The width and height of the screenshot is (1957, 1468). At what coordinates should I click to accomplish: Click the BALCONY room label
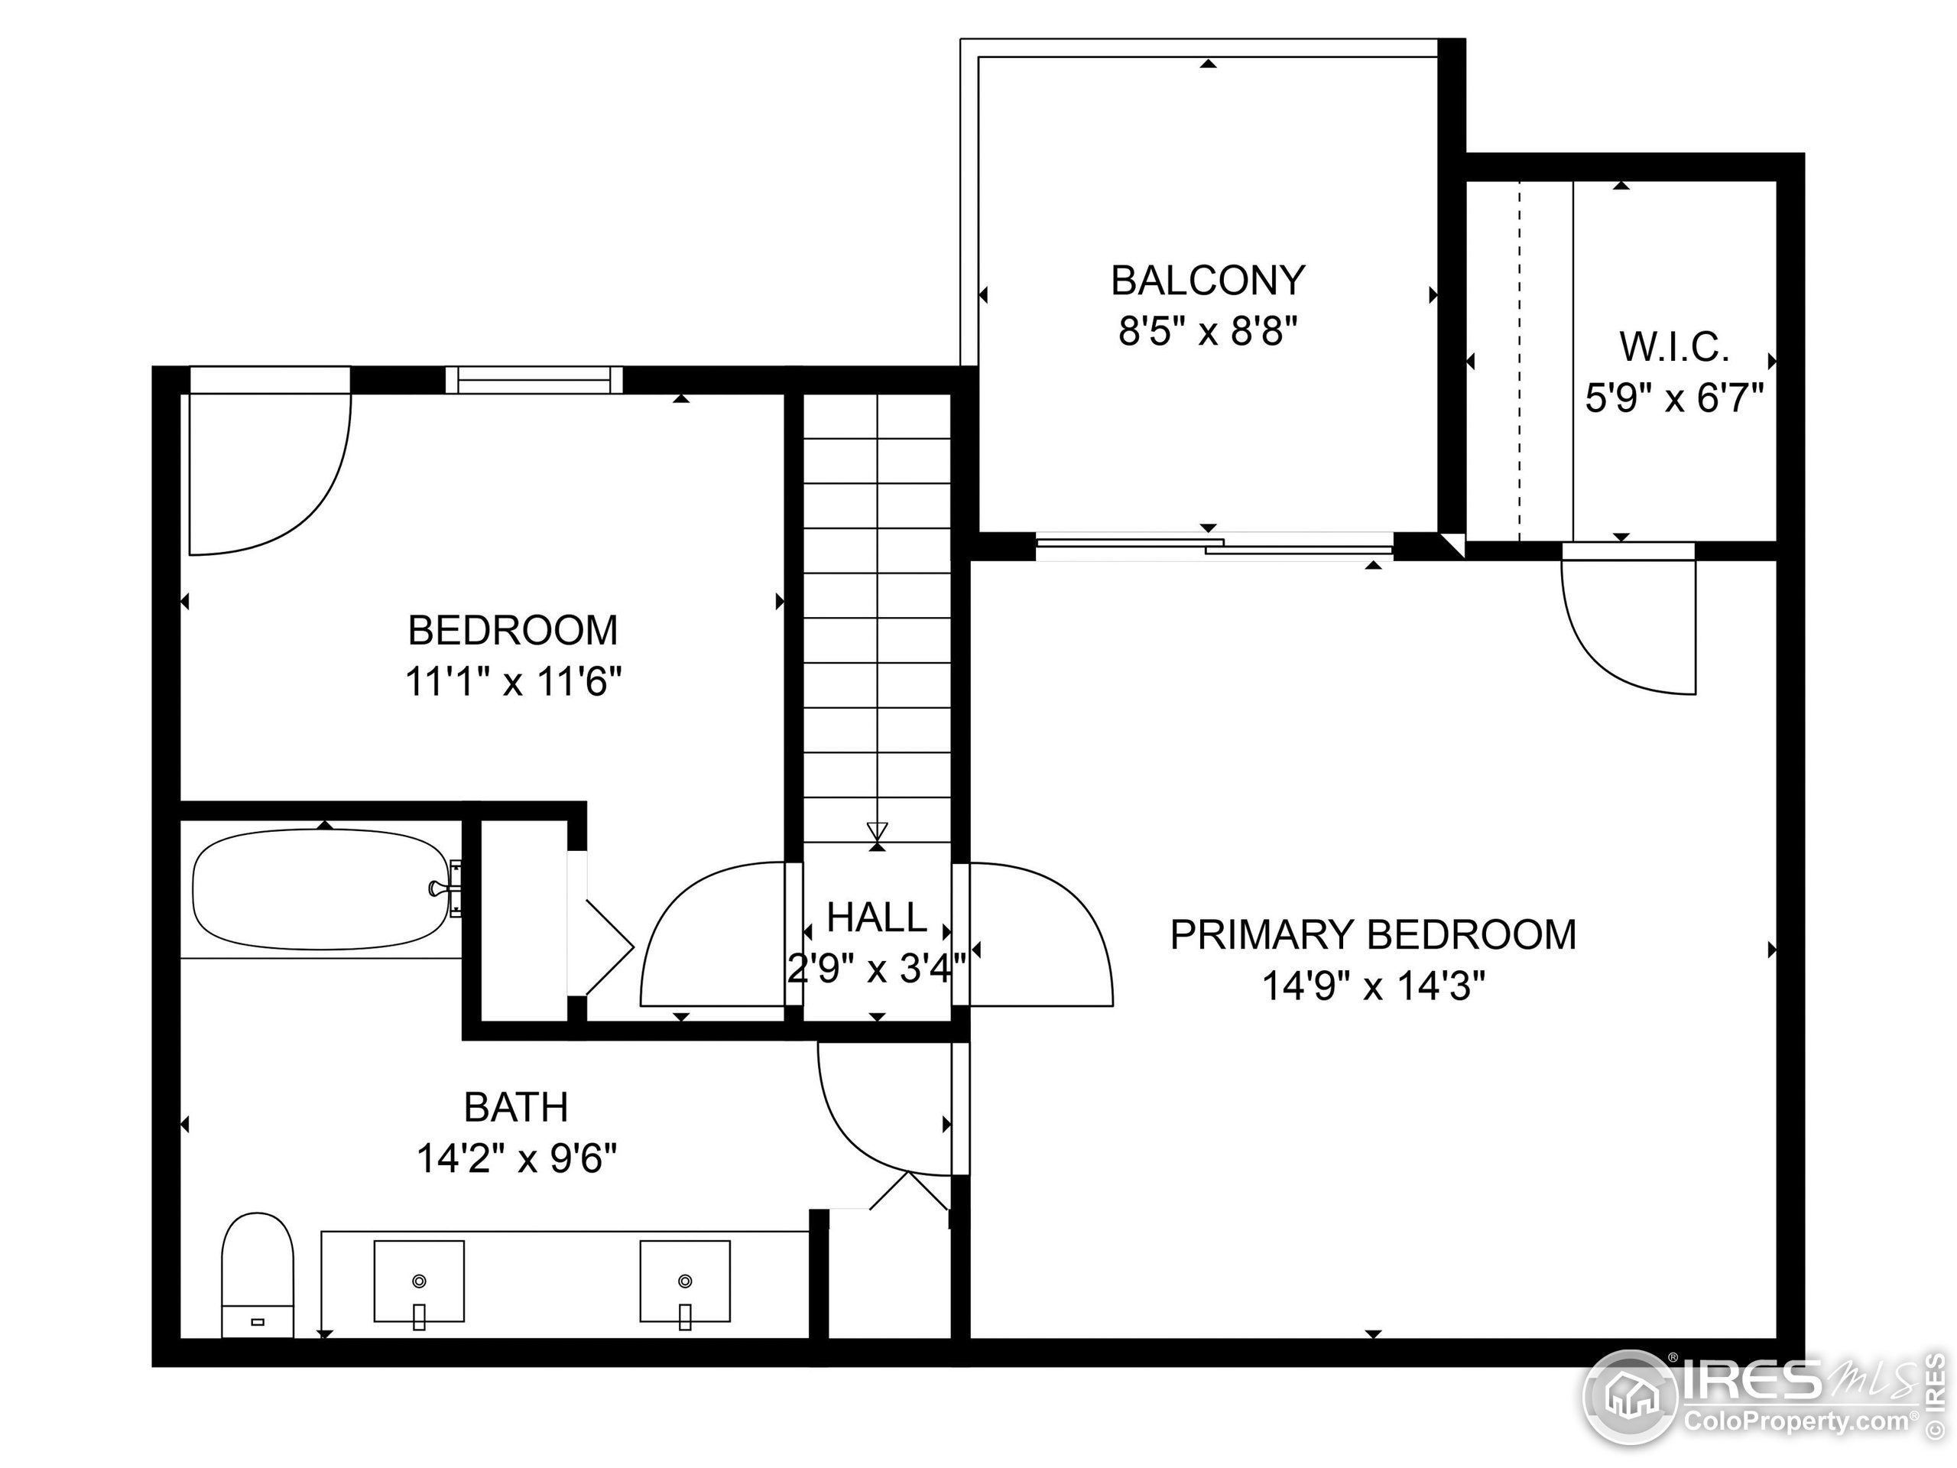click(x=1208, y=281)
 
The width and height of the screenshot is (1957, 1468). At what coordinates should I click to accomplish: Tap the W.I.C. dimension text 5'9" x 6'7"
click(x=1674, y=398)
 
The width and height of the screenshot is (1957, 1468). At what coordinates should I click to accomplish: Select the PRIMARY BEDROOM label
click(x=1372, y=934)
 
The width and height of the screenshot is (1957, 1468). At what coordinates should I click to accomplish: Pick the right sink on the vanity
click(x=685, y=1281)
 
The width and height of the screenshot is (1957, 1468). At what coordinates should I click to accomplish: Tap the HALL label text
click(x=876, y=917)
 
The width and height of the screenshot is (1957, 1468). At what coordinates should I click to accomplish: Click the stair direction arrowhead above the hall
click(x=877, y=831)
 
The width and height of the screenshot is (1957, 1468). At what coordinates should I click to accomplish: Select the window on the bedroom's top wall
click(x=534, y=379)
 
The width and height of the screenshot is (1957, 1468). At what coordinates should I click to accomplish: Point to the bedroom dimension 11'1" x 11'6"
click(x=513, y=682)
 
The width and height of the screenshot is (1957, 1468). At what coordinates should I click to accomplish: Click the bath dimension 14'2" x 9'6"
click(x=516, y=1158)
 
